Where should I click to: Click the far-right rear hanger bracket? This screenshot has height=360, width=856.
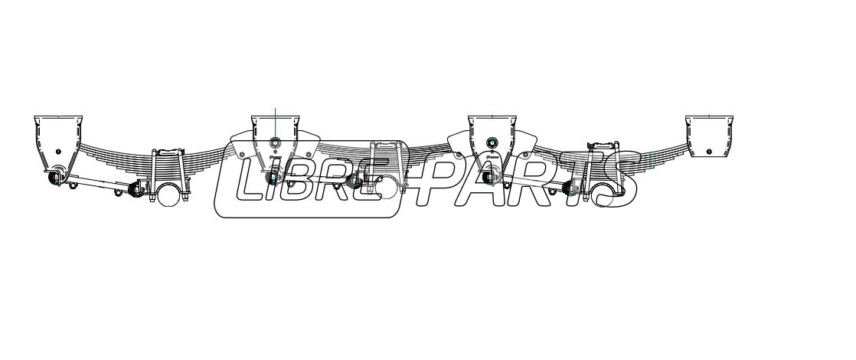[x=709, y=136]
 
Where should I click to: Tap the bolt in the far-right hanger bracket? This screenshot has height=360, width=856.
[x=709, y=152]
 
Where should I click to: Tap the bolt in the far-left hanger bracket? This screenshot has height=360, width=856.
[x=58, y=152]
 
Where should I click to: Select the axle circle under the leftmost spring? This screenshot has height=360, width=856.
[x=168, y=195]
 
